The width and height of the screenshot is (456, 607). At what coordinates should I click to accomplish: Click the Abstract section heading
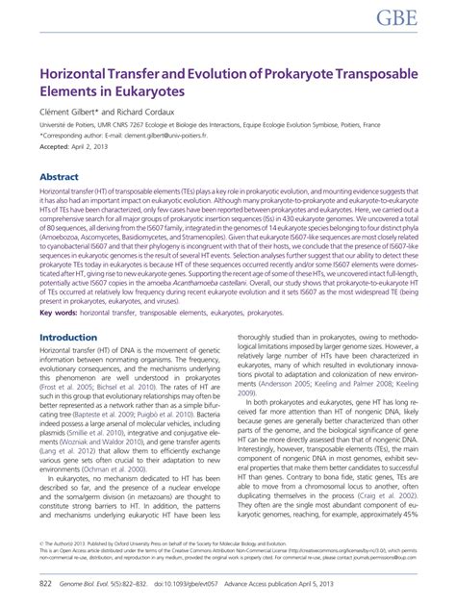point(60,178)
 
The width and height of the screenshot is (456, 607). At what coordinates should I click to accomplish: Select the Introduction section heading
point(69,338)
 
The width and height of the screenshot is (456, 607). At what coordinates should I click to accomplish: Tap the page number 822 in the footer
point(45,583)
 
